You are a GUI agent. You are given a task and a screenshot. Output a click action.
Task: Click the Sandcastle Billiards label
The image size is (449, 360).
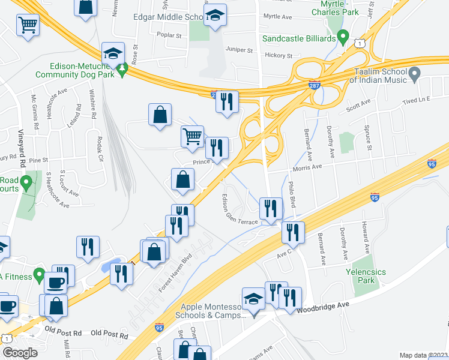click(298, 39)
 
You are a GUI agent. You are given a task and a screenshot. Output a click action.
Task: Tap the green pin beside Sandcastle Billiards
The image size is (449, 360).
click(343, 37)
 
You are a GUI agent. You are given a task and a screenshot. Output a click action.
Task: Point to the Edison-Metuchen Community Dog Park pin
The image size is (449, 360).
click(122, 70)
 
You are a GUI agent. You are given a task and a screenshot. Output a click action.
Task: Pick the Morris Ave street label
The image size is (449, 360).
click(309, 167)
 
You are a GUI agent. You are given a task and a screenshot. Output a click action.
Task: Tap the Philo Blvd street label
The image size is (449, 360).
click(292, 194)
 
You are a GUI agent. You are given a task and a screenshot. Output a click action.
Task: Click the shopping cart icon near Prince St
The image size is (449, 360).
click(192, 136)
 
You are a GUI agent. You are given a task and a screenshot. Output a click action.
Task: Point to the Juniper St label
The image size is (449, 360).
click(238, 50)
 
